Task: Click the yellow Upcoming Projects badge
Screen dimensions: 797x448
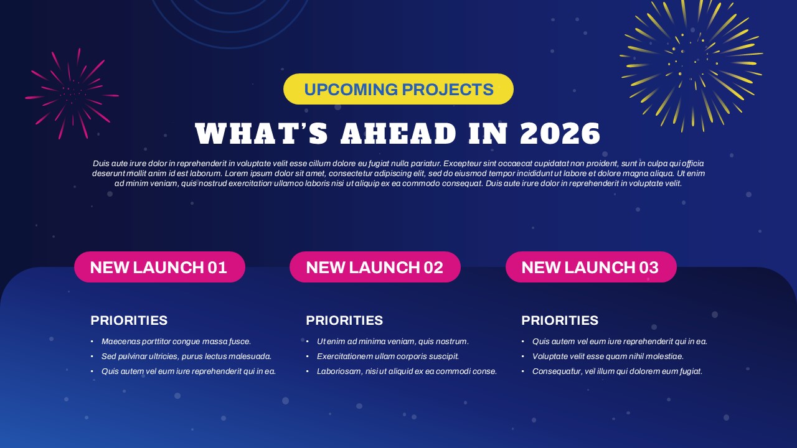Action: click(x=398, y=89)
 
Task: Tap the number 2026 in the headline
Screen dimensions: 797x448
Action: click(x=560, y=134)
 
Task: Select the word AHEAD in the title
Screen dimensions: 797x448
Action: click(x=398, y=134)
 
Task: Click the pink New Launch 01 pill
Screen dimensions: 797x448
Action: click(x=159, y=267)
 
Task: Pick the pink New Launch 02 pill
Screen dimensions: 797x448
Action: click(x=375, y=267)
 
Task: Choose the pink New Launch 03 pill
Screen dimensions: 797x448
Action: click(x=591, y=267)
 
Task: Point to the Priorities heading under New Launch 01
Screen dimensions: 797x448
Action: click(x=129, y=320)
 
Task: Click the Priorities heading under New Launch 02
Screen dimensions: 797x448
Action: click(x=344, y=320)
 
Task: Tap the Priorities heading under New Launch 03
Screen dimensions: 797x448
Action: click(x=560, y=320)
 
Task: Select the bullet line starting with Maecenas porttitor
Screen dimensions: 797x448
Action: click(x=176, y=342)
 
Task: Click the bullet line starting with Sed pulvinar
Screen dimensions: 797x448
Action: click(x=186, y=357)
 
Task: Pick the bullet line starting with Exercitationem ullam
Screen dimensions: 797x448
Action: click(x=388, y=357)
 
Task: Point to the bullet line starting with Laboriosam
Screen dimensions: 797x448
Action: click(x=407, y=371)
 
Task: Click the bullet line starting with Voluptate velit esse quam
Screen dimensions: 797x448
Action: click(x=608, y=357)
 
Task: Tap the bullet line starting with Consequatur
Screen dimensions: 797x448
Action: click(x=617, y=371)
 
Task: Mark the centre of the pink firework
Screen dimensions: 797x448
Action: click(x=72, y=94)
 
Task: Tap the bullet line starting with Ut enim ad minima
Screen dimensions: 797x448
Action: click(x=393, y=342)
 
